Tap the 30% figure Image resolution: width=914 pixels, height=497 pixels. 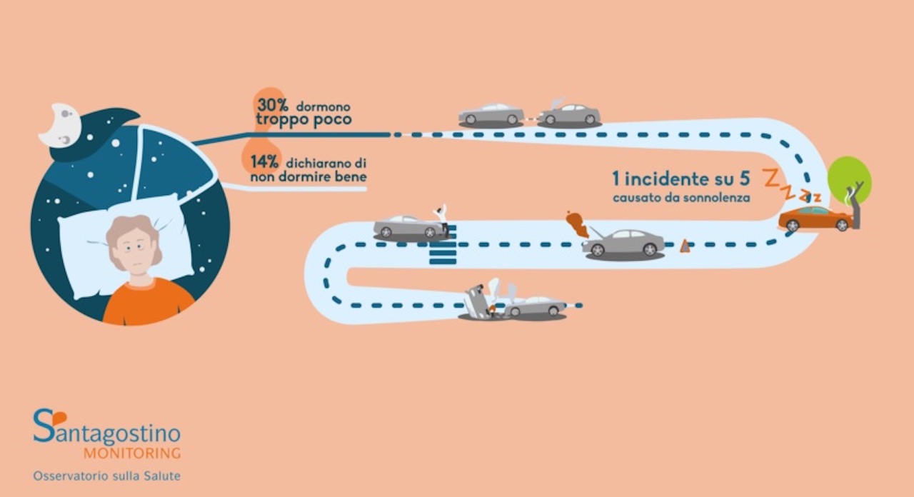(x=273, y=105)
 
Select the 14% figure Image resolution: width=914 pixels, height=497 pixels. (x=264, y=162)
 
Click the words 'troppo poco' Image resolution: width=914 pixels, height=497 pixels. (x=303, y=119)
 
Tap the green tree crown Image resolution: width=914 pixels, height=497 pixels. (x=849, y=179)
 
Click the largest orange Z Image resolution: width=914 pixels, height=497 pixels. (x=771, y=178)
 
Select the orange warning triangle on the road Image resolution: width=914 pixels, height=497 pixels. (x=685, y=246)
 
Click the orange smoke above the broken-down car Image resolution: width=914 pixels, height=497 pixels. (x=578, y=224)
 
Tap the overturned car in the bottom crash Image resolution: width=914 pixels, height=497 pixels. (x=477, y=302)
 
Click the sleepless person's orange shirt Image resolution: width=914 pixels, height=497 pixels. (x=148, y=302)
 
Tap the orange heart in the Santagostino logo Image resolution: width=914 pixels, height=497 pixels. (x=59, y=418)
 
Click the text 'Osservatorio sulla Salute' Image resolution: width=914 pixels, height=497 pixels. (x=107, y=476)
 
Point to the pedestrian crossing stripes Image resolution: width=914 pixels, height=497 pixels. (x=443, y=245)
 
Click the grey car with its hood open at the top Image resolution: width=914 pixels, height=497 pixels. (x=569, y=113)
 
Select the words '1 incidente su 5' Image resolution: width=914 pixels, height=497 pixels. (x=681, y=179)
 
